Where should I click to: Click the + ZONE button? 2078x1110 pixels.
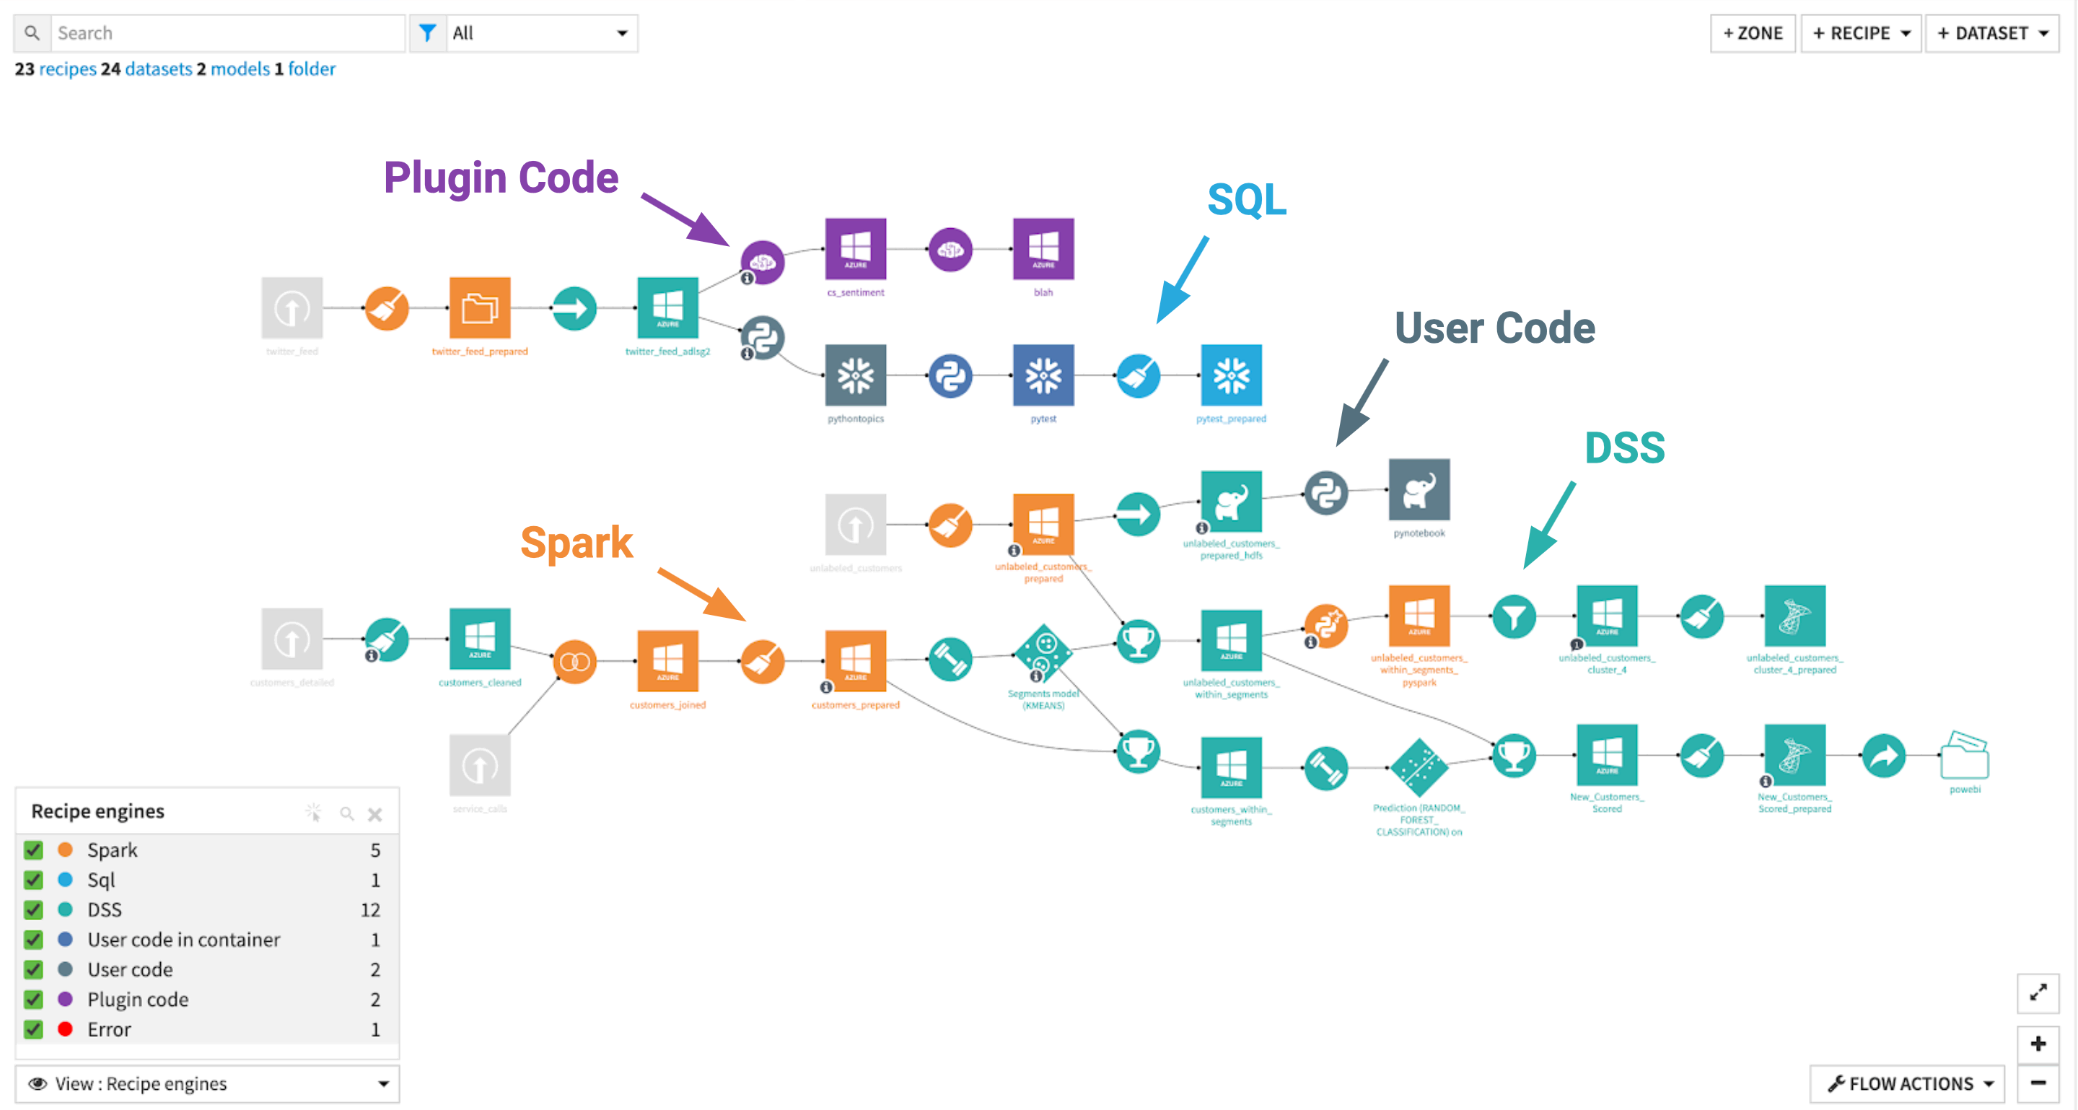[x=1752, y=33]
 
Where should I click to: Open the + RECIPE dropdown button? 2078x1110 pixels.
[x=1860, y=33]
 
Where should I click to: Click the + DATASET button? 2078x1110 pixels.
[x=1991, y=33]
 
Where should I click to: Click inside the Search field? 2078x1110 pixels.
[x=226, y=33]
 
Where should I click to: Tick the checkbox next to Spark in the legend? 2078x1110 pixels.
[x=33, y=849]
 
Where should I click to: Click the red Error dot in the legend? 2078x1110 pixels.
[x=66, y=1028]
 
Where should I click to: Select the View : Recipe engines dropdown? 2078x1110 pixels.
[x=207, y=1083]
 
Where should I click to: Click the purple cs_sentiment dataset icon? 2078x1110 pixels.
[x=855, y=248]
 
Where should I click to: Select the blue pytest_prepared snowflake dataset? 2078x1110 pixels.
[x=1231, y=375]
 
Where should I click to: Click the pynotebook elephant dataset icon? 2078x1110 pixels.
[x=1419, y=489]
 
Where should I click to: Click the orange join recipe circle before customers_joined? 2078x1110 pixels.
[x=574, y=662]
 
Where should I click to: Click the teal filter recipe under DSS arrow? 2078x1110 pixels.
[x=1513, y=617]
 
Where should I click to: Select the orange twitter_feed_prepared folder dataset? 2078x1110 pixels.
[x=479, y=308]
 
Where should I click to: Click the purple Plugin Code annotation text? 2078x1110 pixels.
[x=500, y=178]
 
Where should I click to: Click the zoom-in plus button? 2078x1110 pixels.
[x=2038, y=1043]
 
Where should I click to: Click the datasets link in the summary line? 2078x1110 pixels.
[x=158, y=69]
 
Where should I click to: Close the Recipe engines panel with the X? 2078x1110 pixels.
[x=375, y=814]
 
